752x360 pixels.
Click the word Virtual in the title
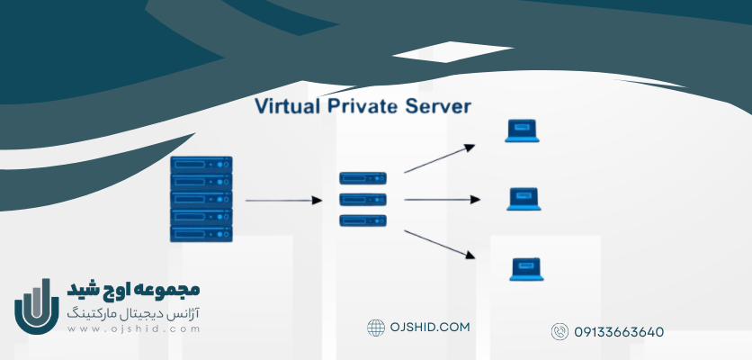coord(287,107)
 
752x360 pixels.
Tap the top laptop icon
coord(522,132)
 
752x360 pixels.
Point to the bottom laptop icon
coord(526,269)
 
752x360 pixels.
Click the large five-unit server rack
coord(201,199)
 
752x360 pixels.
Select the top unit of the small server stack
coord(363,178)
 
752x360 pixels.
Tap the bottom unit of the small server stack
coord(363,220)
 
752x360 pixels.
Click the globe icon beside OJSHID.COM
coord(376,328)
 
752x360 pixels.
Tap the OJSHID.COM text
coord(430,328)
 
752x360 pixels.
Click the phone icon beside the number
coord(560,332)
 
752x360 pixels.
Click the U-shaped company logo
coord(36,308)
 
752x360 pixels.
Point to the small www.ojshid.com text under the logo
coord(133,329)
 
